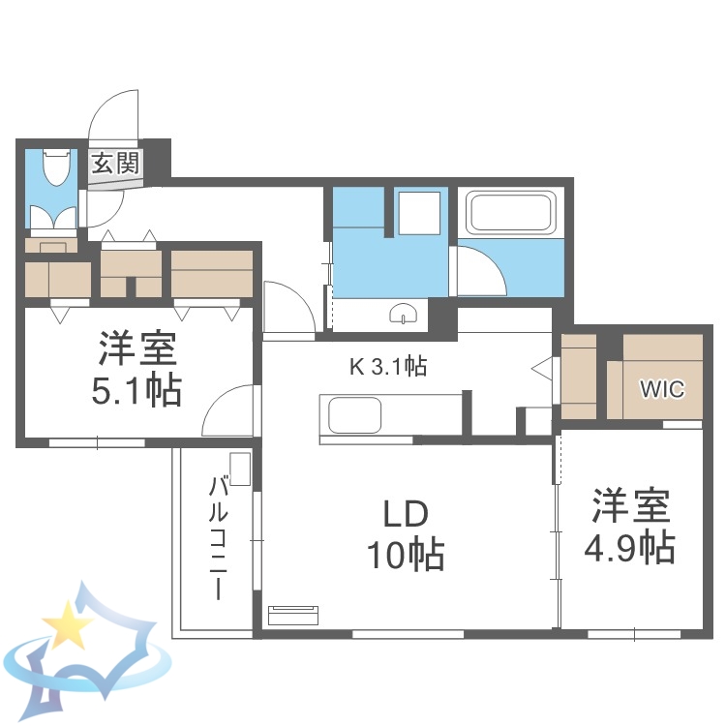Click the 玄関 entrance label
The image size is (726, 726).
click(115, 162)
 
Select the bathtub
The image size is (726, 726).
click(510, 213)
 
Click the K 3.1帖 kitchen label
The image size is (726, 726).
click(388, 366)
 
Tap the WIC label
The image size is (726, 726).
click(663, 389)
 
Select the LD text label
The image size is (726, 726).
click(402, 513)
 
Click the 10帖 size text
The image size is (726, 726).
click(404, 556)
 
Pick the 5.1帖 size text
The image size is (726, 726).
click(136, 390)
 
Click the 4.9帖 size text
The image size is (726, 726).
click(629, 548)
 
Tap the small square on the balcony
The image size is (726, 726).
click(241, 469)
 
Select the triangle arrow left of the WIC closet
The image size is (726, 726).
click(543, 369)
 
